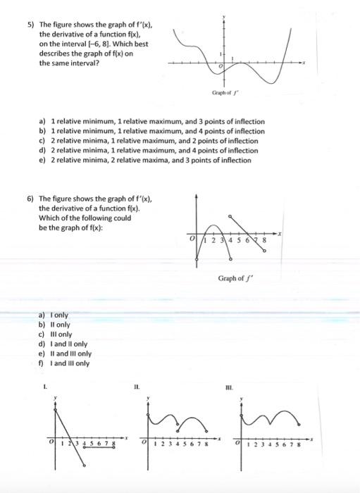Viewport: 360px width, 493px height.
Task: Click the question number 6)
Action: (31, 201)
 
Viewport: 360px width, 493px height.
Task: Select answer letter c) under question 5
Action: (42, 141)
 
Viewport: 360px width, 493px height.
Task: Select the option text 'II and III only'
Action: (73, 354)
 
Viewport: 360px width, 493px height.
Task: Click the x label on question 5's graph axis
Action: (305, 63)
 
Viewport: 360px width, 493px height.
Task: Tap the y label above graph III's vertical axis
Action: (243, 399)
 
